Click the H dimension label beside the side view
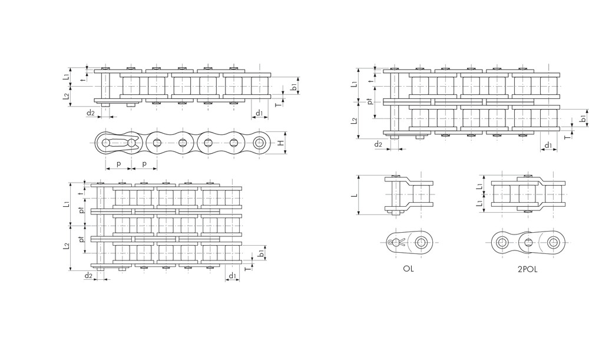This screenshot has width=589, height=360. (281, 143)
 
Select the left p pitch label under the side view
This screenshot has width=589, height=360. (118, 163)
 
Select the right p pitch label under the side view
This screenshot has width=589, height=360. (144, 163)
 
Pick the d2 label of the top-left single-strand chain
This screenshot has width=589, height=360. (90, 113)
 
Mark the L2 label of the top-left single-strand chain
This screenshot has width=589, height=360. (67, 96)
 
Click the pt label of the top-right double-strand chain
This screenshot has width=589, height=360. (369, 101)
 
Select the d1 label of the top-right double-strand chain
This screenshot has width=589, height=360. (548, 144)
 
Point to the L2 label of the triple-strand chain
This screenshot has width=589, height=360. (67, 245)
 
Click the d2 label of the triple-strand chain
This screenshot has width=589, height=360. (88, 276)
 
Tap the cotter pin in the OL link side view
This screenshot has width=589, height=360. (396, 242)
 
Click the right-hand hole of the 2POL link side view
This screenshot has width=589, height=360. (552, 242)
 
